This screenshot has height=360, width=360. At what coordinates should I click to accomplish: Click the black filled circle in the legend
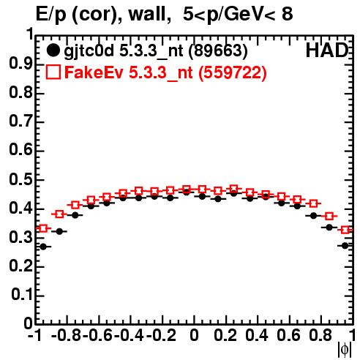(x=53, y=50)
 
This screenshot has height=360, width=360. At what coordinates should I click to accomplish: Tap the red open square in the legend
(x=53, y=72)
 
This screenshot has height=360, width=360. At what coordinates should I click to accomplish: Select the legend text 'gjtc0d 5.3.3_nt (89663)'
(x=156, y=51)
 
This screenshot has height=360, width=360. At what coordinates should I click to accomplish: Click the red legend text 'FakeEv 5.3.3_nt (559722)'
(x=165, y=72)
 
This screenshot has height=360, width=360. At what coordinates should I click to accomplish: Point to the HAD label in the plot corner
(x=327, y=50)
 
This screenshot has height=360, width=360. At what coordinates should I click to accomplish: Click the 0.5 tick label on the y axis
(x=21, y=179)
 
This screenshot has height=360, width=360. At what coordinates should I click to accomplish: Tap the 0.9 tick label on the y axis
(x=21, y=64)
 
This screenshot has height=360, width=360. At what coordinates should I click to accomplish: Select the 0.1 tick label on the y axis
(x=22, y=295)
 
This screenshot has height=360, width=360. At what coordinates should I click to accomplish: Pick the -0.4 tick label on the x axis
(x=129, y=335)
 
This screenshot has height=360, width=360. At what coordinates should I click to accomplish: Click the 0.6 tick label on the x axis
(x=288, y=335)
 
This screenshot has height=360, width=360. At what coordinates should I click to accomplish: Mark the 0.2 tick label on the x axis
(x=225, y=335)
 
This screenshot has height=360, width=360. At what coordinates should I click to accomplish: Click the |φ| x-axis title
(x=345, y=350)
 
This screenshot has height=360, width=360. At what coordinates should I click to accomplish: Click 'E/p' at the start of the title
(x=51, y=15)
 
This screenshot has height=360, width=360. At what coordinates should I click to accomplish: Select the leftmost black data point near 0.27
(x=43, y=247)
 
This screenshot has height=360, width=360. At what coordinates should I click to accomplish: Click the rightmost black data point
(x=345, y=246)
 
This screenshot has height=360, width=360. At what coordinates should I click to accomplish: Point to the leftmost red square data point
(x=43, y=228)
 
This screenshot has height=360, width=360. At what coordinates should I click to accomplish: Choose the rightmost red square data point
(x=345, y=230)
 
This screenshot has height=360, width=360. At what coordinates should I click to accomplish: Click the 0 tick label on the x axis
(x=194, y=335)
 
